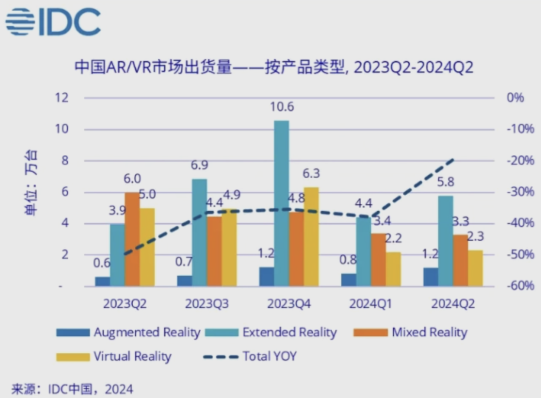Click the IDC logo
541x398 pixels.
53,22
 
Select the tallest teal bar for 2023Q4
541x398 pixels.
282,203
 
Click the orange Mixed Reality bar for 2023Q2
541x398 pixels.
132,239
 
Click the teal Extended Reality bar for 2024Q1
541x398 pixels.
363,251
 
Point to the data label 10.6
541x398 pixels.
282,107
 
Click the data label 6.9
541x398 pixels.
200,166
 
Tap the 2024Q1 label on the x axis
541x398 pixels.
371,304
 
